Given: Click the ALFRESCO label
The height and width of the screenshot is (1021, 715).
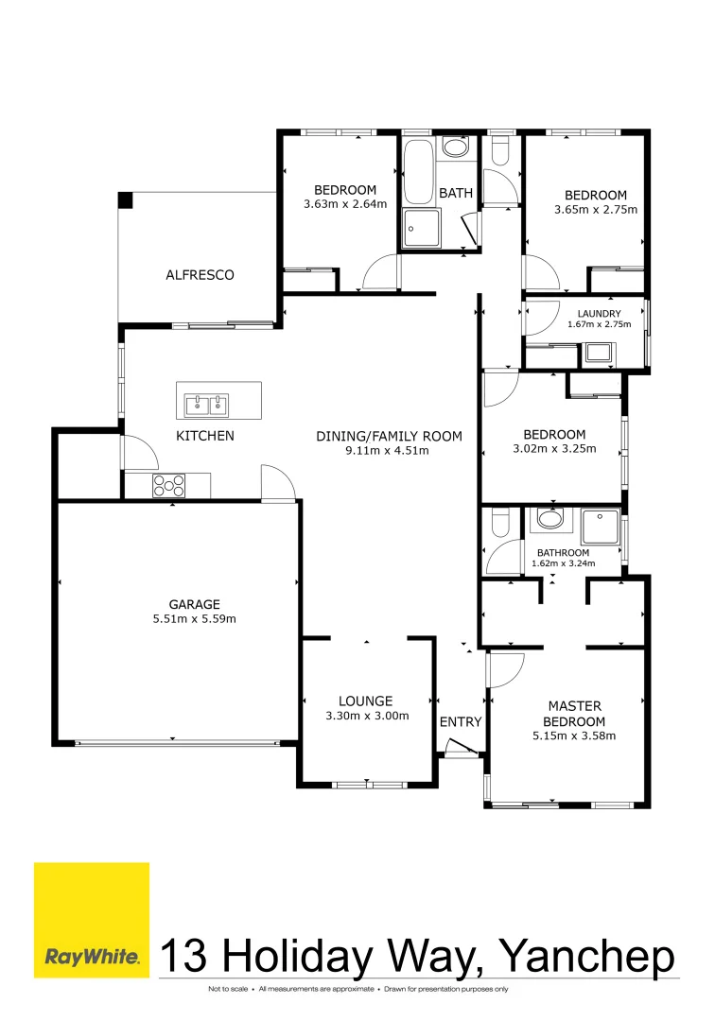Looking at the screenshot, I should (200, 275).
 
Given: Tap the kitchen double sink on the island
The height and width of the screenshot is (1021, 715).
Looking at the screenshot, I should (207, 406).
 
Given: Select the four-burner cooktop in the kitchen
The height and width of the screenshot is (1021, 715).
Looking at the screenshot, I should (169, 486).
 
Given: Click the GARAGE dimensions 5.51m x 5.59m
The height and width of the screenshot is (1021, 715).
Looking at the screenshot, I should (195, 619).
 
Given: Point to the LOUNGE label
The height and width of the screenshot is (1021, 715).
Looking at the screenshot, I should (366, 701).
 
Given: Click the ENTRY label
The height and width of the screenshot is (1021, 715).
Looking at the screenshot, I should (461, 722).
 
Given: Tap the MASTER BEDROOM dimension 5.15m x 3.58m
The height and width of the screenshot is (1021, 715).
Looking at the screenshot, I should (575, 735).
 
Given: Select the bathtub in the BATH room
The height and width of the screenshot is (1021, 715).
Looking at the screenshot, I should (417, 173).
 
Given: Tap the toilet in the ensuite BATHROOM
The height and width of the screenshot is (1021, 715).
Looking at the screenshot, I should (500, 522).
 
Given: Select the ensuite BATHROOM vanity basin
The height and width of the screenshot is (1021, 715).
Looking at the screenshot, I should (548, 519).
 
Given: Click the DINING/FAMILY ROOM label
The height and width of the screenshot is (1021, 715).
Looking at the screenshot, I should (389, 436).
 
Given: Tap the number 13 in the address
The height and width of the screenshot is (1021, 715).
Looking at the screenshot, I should (187, 956).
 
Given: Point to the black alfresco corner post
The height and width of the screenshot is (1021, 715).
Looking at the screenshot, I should (125, 200).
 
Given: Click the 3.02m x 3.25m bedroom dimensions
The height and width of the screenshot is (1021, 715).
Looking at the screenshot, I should (553, 449).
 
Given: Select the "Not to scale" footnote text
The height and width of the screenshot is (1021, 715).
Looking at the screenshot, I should (228, 989).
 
